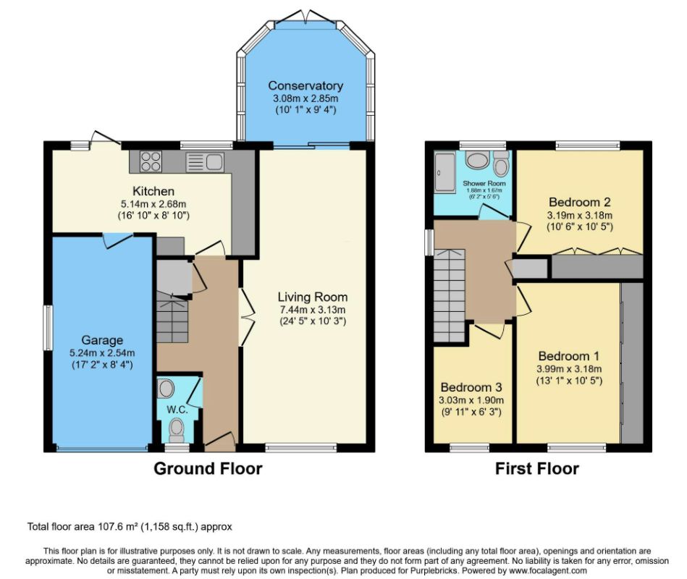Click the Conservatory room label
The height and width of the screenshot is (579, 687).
(305, 85)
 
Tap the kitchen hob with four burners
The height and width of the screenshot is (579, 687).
(151, 161)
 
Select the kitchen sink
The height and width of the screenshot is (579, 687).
(205, 162)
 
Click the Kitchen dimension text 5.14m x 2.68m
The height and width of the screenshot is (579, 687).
(153, 203)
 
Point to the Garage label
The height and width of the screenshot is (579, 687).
(102, 340)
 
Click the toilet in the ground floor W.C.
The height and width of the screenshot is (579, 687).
(177, 430)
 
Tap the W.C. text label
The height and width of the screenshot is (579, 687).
(177, 410)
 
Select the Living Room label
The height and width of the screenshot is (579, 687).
(313, 297)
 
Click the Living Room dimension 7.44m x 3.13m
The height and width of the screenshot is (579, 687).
(313, 310)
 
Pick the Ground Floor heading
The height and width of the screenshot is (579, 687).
(208, 469)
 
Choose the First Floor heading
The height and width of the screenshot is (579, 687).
(536, 469)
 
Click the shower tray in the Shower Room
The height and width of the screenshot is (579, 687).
(445, 172)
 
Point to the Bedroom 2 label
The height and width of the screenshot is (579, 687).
(580, 202)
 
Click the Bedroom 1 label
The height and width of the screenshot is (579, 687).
(569, 355)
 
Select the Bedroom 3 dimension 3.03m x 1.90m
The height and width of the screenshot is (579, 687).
(471, 400)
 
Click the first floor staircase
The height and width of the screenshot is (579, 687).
(450, 295)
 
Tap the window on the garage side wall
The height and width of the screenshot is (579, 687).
(48, 328)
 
